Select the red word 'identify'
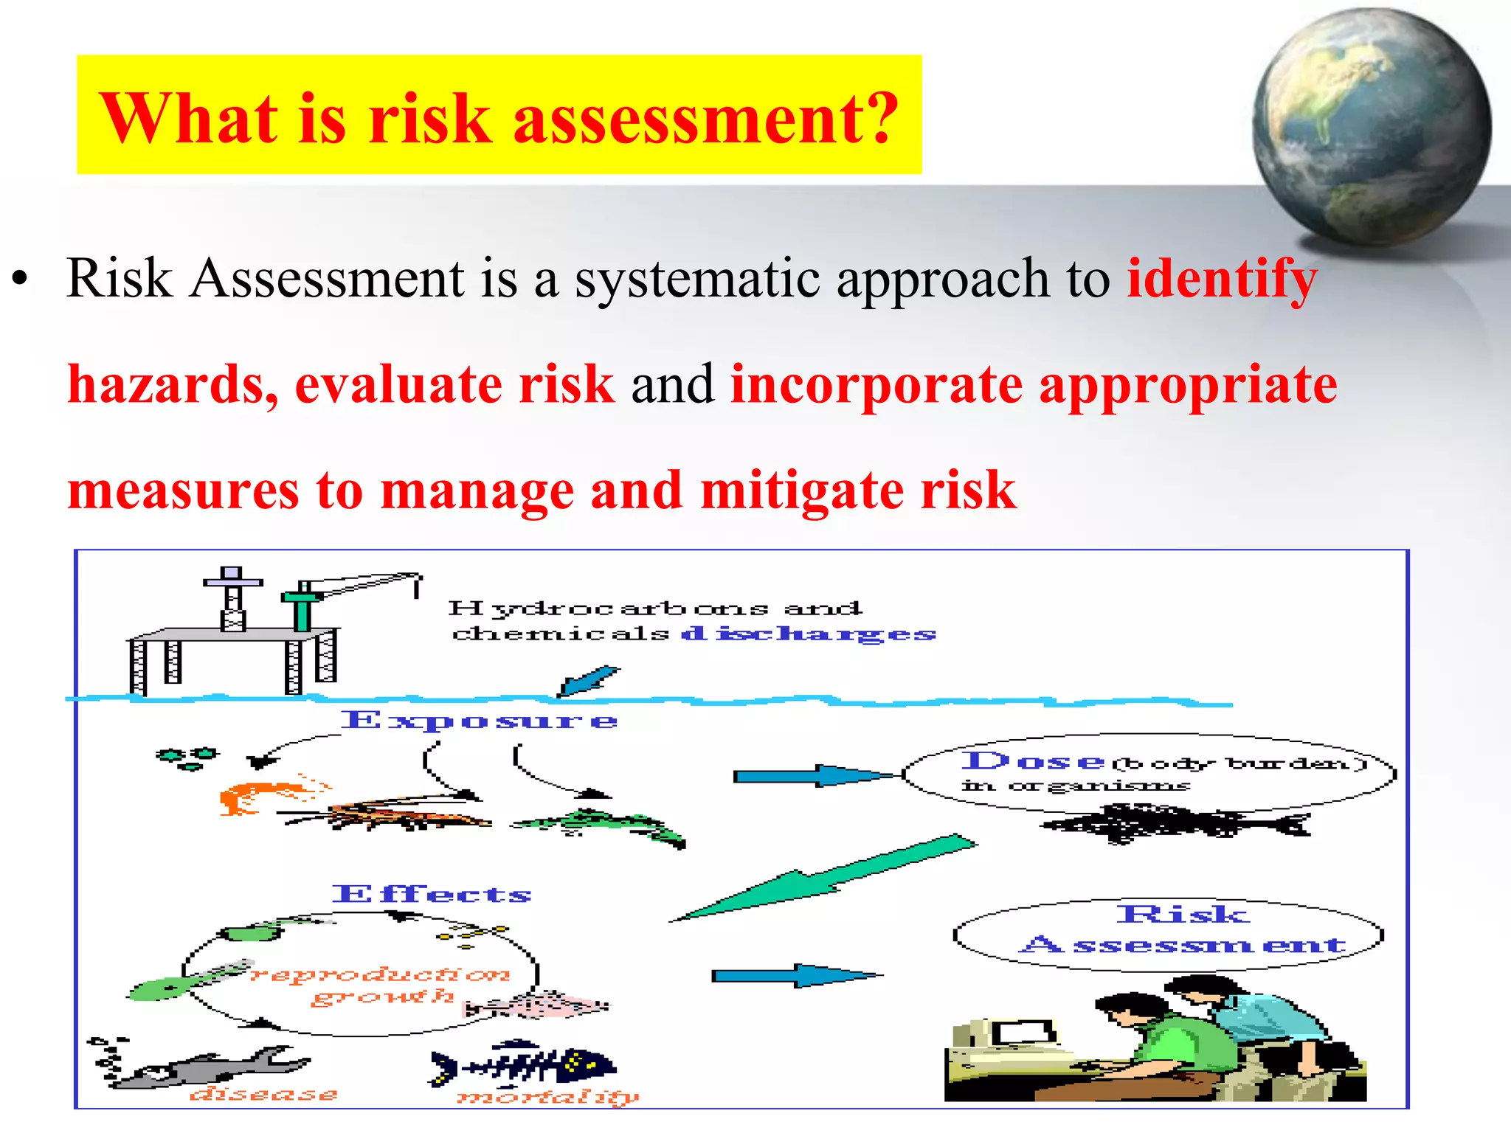(x=1222, y=279)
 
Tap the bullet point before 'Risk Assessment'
(x=20, y=280)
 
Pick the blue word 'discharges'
(x=808, y=634)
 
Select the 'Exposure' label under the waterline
(x=479, y=720)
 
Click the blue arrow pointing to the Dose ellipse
(x=812, y=775)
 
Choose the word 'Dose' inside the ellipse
(x=1033, y=761)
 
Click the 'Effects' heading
(x=432, y=894)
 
